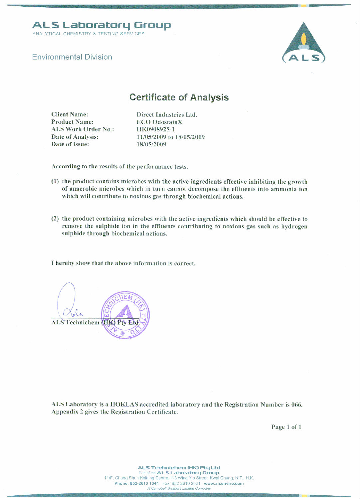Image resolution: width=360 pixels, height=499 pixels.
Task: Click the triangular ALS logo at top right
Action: (x=303, y=43)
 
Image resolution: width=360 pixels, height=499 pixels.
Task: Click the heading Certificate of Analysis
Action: (x=179, y=97)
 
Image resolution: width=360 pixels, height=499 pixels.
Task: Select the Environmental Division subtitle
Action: (x=72, y=57)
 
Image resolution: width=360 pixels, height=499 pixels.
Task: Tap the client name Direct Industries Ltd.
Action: (x=167, y=115)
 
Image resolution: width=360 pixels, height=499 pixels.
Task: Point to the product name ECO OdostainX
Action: (x=159, y=122)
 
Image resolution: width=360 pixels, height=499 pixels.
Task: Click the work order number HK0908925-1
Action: (x=155, y=129)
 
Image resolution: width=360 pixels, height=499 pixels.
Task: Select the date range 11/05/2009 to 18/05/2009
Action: (x=170, y=137)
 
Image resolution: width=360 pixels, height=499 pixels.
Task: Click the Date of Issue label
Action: (x=70, y=144)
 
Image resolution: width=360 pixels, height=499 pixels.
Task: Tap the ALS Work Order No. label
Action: (x=83, y=129)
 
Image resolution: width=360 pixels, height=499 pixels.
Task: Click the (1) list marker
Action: (x=55, y=182)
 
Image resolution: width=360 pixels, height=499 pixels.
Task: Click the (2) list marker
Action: (x=55, y=219)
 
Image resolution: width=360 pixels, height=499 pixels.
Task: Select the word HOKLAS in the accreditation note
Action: (x=124, y=405)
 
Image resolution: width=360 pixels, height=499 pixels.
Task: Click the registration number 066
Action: (x=296, y=405)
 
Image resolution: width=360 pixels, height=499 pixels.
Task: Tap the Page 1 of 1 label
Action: (x=286, y=427)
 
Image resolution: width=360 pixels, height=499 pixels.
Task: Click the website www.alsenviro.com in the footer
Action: (x=224, y=483)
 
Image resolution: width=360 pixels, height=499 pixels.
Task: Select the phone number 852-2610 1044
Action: (x=144, y=483)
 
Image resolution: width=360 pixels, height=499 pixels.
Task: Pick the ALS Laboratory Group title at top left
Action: (x=101, y=25)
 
